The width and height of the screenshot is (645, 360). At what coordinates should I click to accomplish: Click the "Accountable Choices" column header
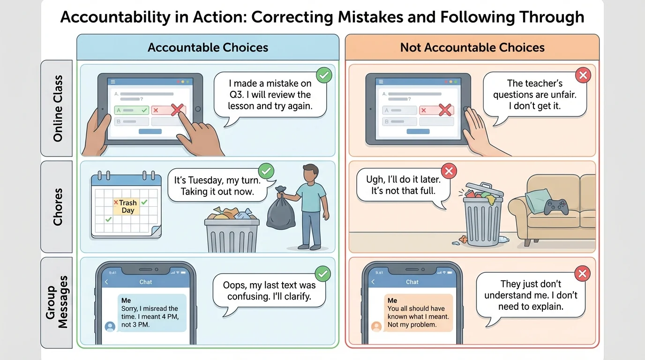[208, 47]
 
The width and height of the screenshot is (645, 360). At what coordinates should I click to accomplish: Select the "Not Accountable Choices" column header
[472, 47]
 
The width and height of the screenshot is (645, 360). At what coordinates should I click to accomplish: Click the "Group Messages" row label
[57, 302]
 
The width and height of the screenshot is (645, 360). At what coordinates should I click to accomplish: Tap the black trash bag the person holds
[281, 211]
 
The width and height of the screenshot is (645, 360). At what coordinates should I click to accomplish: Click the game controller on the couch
[556, 206]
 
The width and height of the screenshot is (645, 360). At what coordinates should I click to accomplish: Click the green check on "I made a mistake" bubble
[323, 75]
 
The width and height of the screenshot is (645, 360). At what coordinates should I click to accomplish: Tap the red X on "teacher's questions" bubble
[583, 75]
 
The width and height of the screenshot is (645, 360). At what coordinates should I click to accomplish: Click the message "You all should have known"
[419, 313]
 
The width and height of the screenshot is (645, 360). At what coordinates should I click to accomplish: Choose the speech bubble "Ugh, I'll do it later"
[403, 186]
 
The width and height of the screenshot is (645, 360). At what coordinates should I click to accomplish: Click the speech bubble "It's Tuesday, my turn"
[217, 186]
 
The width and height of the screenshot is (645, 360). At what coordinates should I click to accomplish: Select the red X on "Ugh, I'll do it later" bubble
[449, 171]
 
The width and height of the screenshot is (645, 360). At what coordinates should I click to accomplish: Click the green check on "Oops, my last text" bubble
[323, 273]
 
